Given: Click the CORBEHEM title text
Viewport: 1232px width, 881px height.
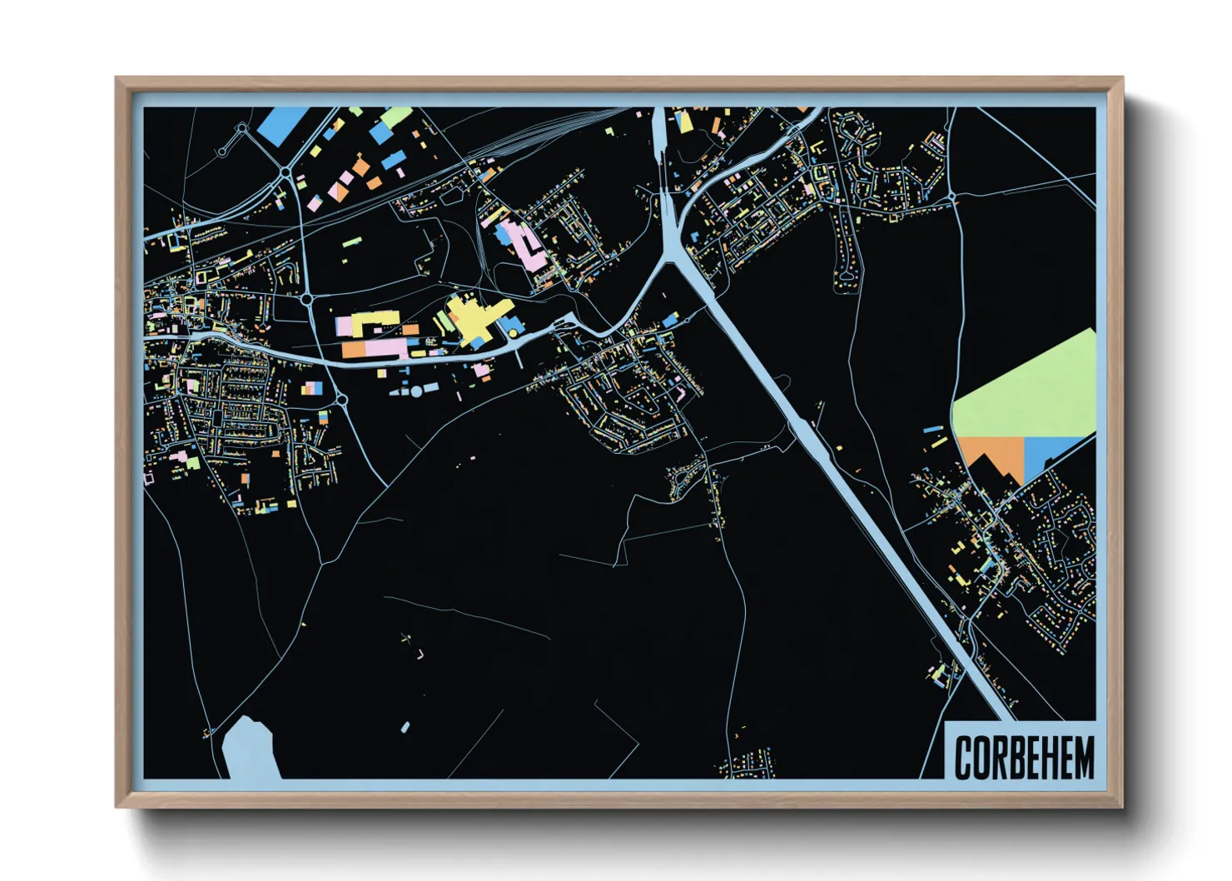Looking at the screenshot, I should [x=1023, y=757].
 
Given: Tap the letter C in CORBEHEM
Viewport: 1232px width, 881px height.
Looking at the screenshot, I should [x=964, y=758].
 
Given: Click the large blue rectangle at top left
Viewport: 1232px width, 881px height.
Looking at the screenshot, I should [x=283, y=123].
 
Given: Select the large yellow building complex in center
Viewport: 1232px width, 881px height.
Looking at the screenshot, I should [x=474, y=321].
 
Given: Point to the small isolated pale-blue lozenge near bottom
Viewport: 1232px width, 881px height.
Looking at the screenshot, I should [x=405, y=728].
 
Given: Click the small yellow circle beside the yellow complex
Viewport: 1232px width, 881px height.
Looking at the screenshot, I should [x=514, y=334].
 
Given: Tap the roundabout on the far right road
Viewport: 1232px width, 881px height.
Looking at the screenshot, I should [x=951, y=197].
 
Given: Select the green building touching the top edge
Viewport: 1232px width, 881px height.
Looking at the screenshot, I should [x=395, y=116].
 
